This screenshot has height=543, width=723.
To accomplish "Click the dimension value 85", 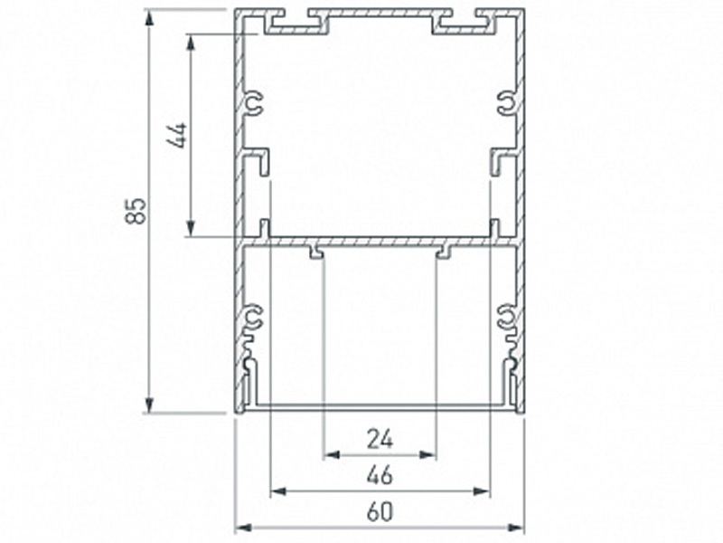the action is click(136, 211).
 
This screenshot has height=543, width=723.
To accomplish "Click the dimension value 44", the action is click(177, 135).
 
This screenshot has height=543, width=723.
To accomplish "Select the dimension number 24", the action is click(380, 439).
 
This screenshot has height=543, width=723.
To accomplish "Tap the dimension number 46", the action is click(380, 475).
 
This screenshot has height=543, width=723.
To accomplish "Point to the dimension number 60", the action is click(380, 512).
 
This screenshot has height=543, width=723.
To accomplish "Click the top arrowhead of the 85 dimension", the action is click(148, 19).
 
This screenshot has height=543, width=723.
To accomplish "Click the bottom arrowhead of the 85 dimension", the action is click(148, 404).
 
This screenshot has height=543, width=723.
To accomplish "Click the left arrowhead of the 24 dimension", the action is click(332, 455).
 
